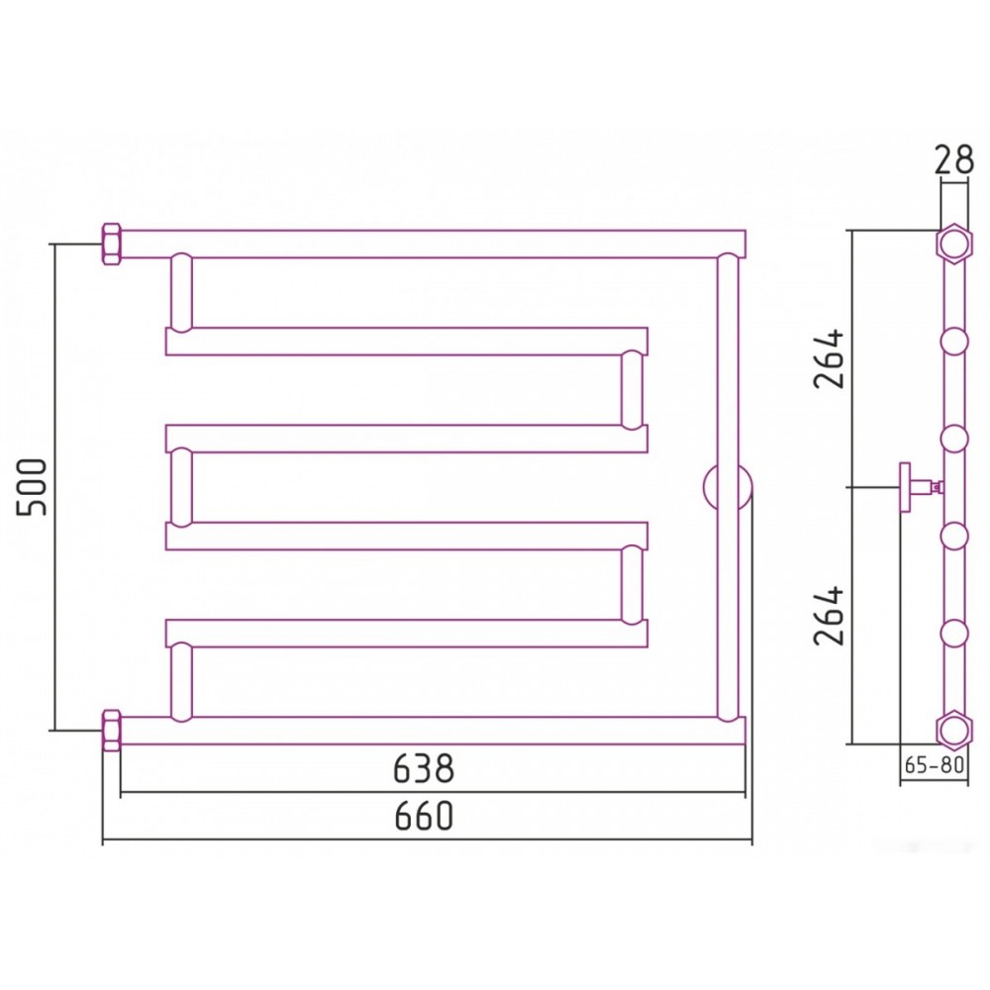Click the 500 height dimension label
pyautogui.click(x=32, y=487)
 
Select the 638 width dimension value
pyautogui.click(x=424, y=768)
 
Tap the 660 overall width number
pyautogui.click(x=425, y=816)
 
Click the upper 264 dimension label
pyautogui.click(x=829, y=358)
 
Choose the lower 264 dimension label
pyautogui.click(x=829, y=616)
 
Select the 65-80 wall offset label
pyautogui.click(x=935, y=764)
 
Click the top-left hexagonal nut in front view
pyautogui.click(x=112, y=244)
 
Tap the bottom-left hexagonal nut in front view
pyautogui.click(x=112, y=731)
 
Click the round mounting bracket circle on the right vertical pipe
pyautogui.click(x=728, y=487)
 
